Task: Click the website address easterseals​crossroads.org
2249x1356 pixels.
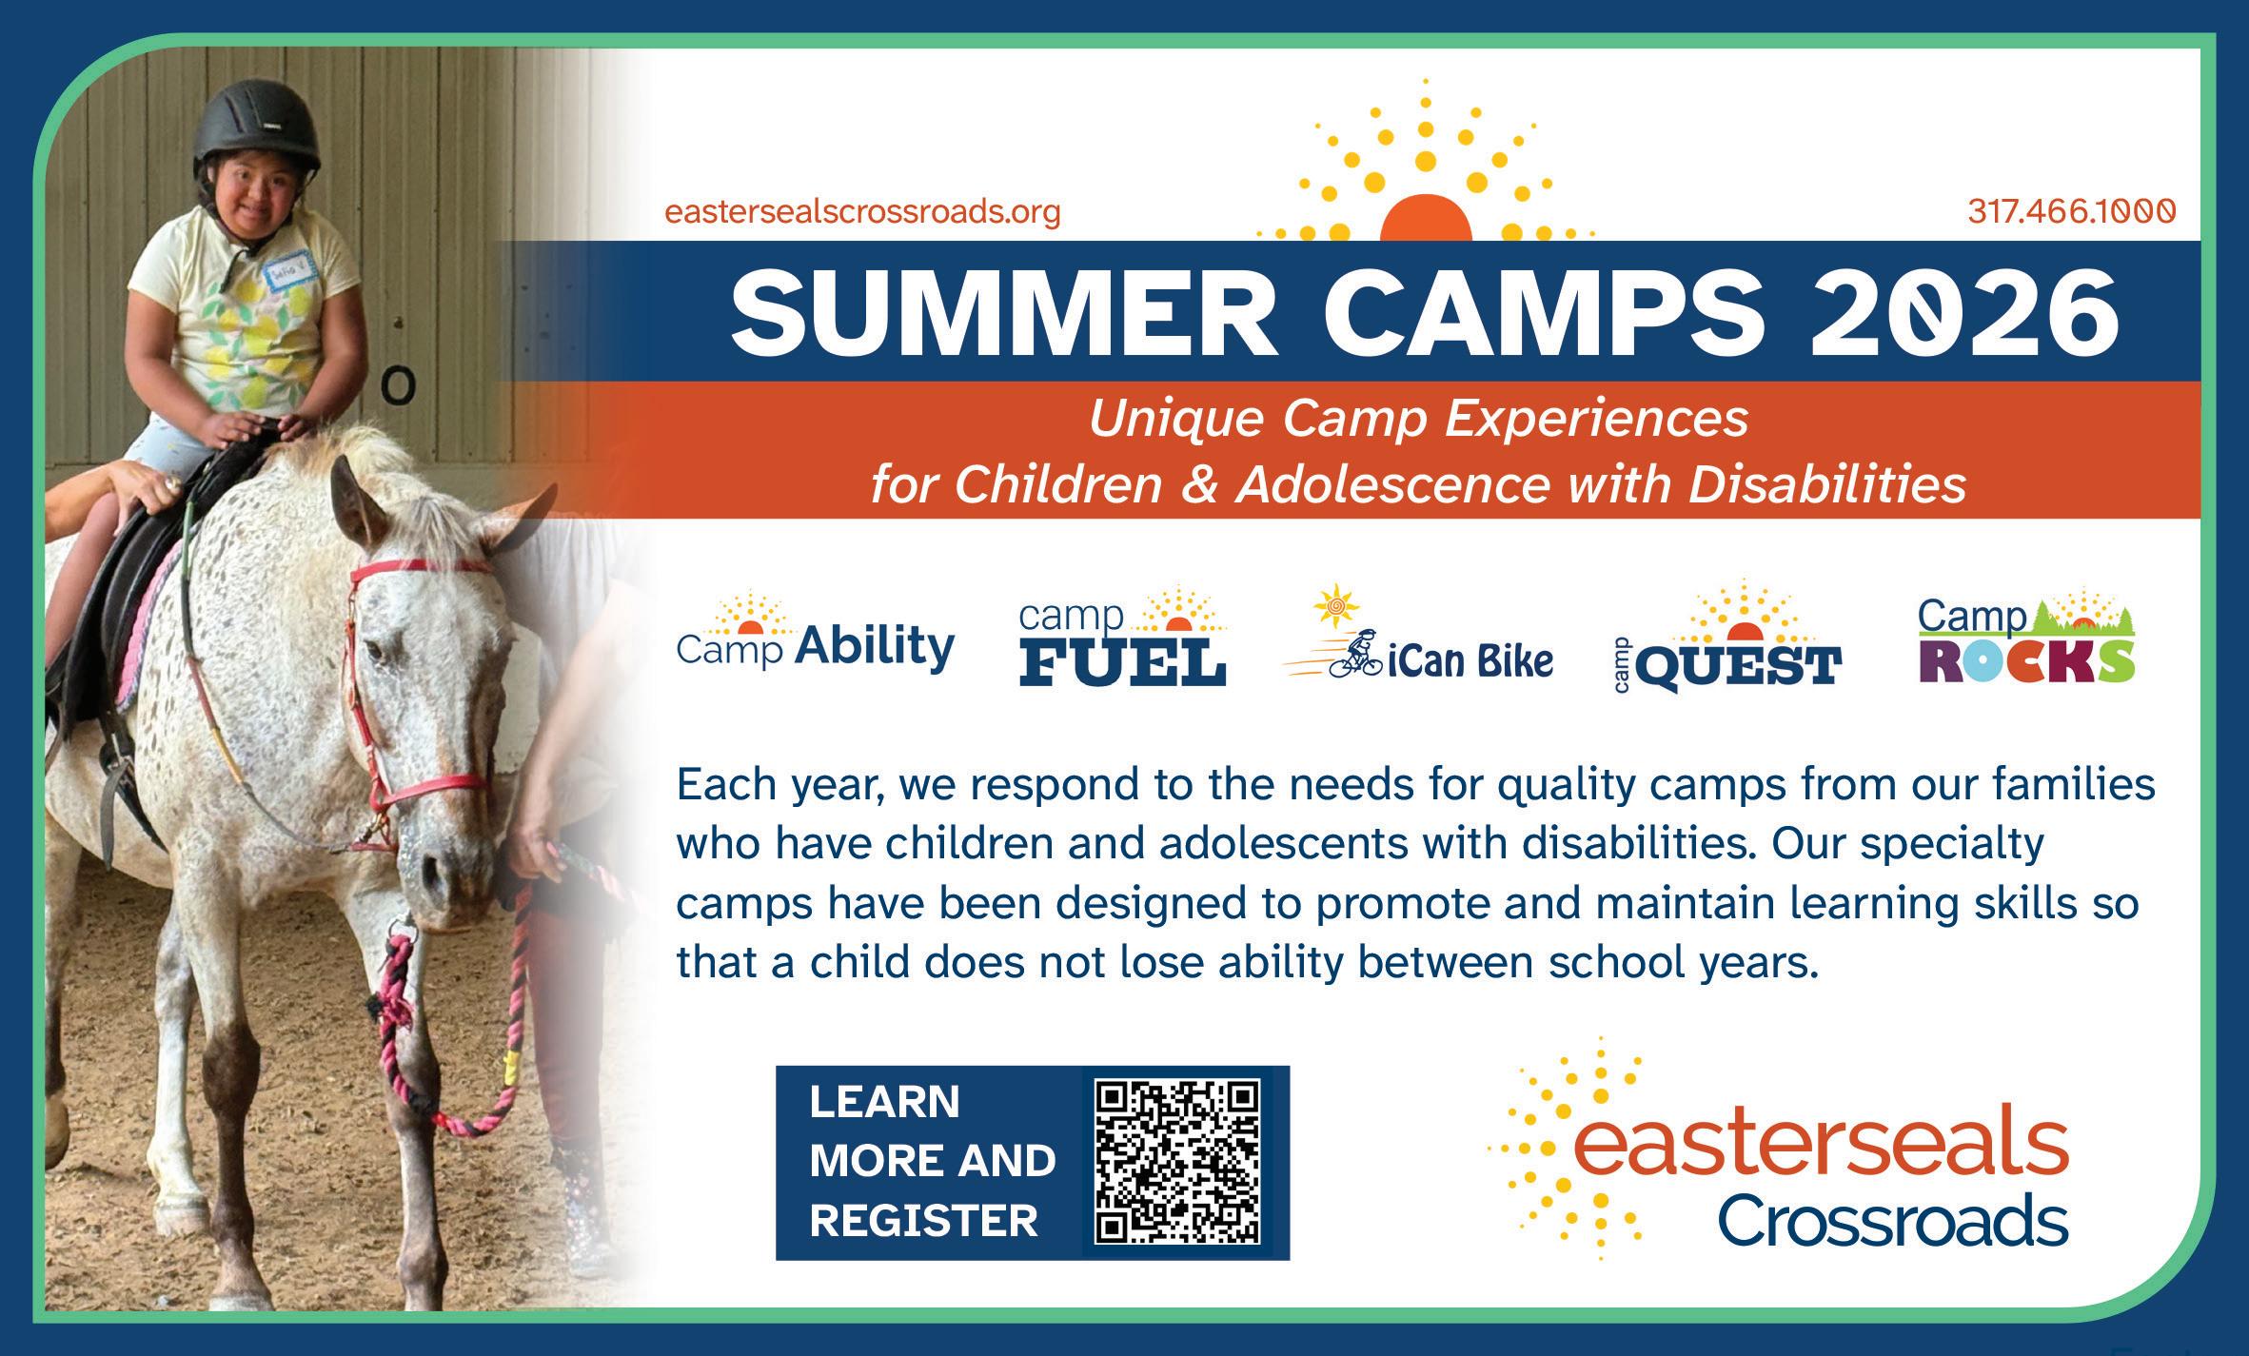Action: pyautogui.click(x=862, y=212)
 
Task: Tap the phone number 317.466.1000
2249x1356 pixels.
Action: pyautogui.click(x=2072, y=211)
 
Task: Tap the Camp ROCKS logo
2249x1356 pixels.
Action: pyautogui.click(x=2026, y=638)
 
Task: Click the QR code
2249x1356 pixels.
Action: pyautogui.click(x=1178, y=1162)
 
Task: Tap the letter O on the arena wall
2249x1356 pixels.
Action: pyautogui.click(x=401, y=385)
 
